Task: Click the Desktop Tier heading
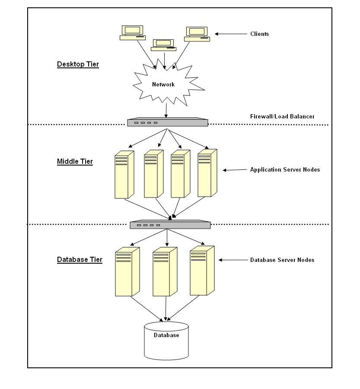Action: coord(78,64)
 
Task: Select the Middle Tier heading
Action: coord(75,162)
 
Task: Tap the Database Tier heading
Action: coord(80,259)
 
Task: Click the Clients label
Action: coord(259,34)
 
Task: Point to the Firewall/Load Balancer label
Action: coord(282,116)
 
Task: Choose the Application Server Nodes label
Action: coord(285,170)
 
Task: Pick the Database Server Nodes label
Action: coord(282,260)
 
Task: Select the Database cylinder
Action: coord(166,341)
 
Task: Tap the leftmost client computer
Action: coord(133,33)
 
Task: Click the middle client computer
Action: coord(163,45)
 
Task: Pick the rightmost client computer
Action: coord(197,34)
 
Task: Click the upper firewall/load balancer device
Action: coord(168,122)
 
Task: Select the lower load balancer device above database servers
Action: coord(170,224)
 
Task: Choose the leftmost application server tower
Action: coord(124,175)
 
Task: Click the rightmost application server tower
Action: coord(207,173)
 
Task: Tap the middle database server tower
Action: coord(165,272)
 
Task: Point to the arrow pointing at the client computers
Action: coord(231,34)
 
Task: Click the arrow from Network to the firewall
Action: coord(166,111)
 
